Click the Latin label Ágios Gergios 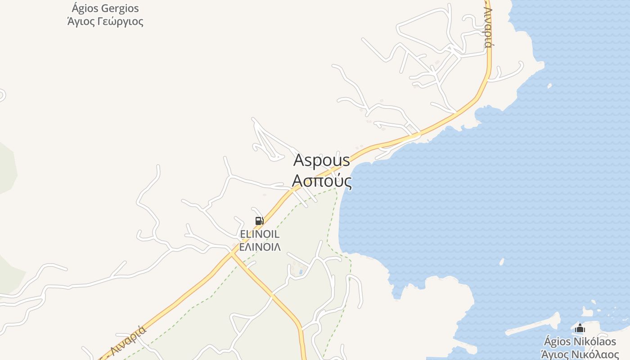coord(105,9)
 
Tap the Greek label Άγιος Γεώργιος coord(105,21)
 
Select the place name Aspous coord(321,160)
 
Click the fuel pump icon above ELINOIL coord(259,221)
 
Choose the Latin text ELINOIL coord(260,234)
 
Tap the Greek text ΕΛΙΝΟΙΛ coord(260,247)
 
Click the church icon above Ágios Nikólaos coord(580,328)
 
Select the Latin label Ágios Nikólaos coord(580,341)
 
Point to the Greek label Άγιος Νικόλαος coord(580,354)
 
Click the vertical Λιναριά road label coord(488,27)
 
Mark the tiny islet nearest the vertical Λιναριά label coord(549,85)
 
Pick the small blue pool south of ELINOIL coord(301,272)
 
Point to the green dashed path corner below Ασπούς coord(335,188)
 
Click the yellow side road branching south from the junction coord(270,295)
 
